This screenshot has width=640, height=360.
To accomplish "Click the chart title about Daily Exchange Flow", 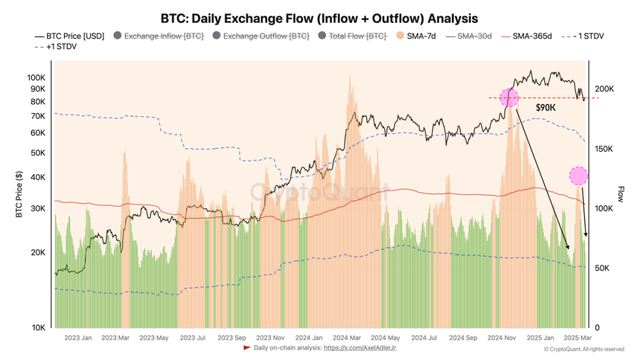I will (319, 18).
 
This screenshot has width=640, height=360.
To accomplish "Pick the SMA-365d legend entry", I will (528, 37).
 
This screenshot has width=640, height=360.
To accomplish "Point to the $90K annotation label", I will (545, 107).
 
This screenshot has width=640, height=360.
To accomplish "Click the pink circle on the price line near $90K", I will (509, 98).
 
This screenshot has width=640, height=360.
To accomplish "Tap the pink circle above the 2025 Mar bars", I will (578, 175).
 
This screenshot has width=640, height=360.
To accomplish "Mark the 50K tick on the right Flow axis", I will (603, 268).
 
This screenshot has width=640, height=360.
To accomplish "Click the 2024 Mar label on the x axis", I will (347, 338).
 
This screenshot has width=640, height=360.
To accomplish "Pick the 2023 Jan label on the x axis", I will (78, 338).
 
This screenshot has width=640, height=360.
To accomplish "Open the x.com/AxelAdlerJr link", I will (360, 348).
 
